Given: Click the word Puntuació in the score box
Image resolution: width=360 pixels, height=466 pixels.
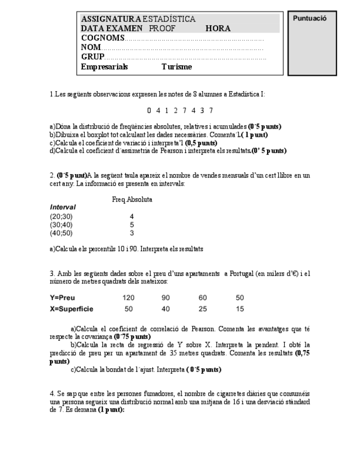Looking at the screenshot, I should (x=310, y=18).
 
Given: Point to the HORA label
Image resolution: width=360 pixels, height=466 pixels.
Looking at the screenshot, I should (x=218, y=29).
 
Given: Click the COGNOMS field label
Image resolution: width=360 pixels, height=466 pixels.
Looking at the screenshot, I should (x=102, y=38).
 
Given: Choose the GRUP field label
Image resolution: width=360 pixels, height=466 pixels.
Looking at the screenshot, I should (x=92, y=57).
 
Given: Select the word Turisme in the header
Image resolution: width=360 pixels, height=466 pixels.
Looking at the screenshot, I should (x=177, y=66).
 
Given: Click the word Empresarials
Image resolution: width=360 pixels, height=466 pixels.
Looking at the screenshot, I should (x=104, y=66).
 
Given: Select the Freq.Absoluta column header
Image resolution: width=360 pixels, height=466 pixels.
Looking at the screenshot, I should (x=132, y=199).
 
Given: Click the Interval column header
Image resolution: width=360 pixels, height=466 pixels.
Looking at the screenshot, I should (x=63, y=208).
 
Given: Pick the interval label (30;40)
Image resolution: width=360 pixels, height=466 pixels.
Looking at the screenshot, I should (x=61, y=224).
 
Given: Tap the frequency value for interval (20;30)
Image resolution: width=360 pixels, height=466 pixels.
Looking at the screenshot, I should (x=132, y=217).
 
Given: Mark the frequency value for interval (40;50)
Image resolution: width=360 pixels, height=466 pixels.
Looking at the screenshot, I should (x=132, y=232).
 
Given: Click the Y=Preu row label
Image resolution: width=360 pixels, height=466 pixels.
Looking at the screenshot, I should (x=62, y=297).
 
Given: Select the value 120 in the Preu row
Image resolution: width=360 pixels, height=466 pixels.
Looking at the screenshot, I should (x=129, y=297).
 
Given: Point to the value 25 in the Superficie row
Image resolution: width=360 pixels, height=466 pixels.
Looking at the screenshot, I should (x=203, y=309).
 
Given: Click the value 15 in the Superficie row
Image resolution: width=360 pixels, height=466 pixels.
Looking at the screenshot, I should (x=240, y=309).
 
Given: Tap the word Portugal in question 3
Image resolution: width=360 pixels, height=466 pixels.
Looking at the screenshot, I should (x=237, y=274).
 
